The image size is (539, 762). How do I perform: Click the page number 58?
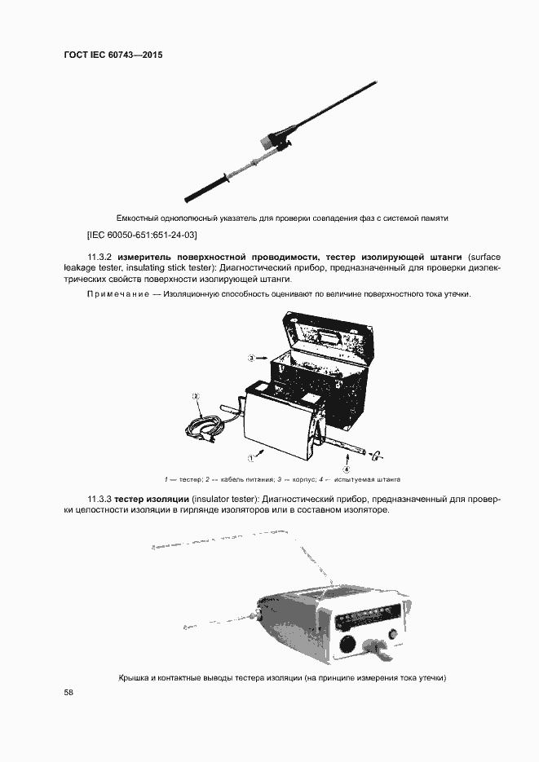coord(69,693)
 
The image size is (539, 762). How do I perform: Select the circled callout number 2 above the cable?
coord(196,396)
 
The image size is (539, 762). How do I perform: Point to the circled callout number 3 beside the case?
coord(252,357)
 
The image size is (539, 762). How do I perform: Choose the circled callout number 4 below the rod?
coord(346,469)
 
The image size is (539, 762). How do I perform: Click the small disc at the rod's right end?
coord(378,453)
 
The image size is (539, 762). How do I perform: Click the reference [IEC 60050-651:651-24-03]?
coord(142,234)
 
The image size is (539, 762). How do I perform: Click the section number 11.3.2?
coord(101,257)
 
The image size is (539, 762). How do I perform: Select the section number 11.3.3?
coord(101,498)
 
